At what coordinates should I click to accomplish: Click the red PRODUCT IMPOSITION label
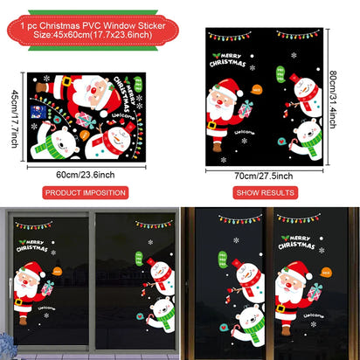pos(86,190)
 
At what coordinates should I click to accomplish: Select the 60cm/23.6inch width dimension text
pos(86,173)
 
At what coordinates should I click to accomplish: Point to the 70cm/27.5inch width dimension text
pos(264,175)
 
